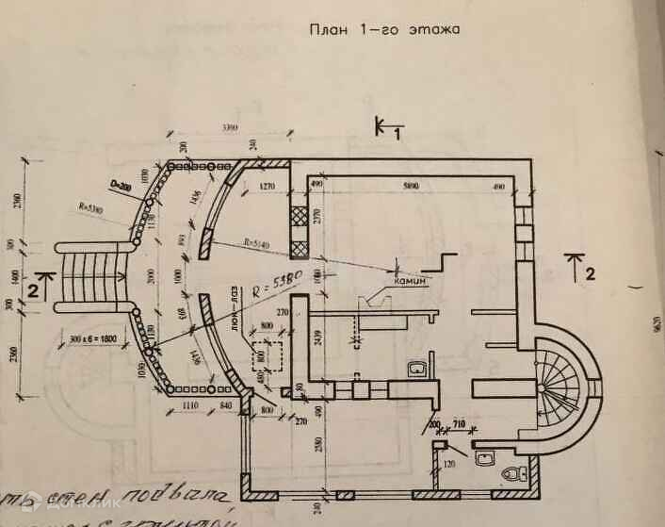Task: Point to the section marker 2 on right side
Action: (x=591, y=275)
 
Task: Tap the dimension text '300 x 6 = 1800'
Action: (x=94, y=338)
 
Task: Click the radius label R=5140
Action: (x=257, y=243)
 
